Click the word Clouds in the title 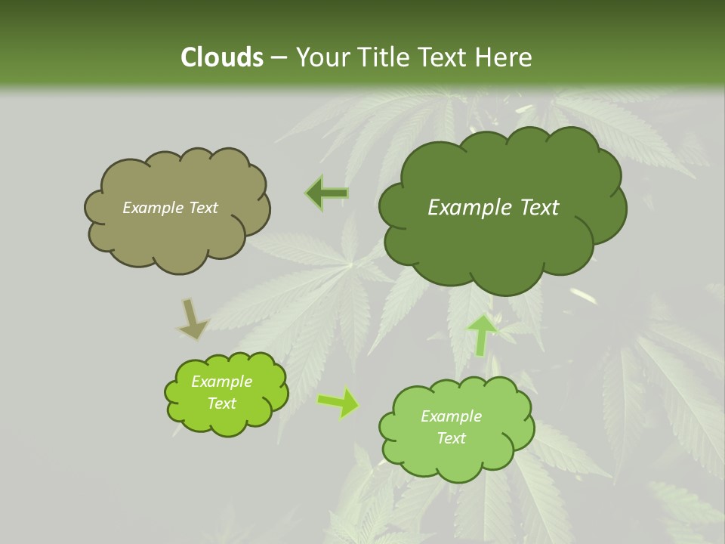[x=221, y=57]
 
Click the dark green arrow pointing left [x=327, y=193]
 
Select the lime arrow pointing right [x=338, y=403]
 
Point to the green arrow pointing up [x=483, y=335]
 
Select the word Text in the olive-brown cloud [x=202, y=208]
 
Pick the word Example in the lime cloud [x=221, y=382]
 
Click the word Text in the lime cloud [x=221, y=403]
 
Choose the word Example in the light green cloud [x=451, y=416]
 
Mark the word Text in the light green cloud [x=451, y=438]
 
